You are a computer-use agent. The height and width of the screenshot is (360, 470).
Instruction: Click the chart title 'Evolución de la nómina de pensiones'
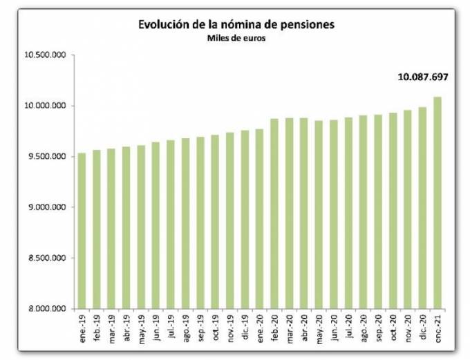pos(236,25)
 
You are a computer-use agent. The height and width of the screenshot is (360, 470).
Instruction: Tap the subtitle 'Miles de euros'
pos(236,38)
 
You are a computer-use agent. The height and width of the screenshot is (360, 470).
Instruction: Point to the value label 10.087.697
pos(423,77)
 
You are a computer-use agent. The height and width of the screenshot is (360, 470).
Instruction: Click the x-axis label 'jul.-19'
pos(171,326)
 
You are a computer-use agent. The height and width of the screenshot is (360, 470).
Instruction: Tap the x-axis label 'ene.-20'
pos(261,326)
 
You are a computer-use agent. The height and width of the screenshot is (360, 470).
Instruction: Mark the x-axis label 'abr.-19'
pos(127,326)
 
